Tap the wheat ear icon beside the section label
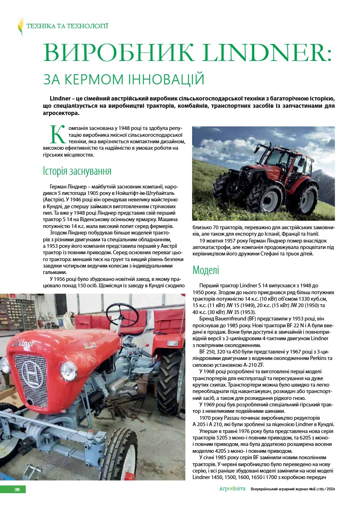click(21, 26)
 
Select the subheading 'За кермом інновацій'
click(123, 78)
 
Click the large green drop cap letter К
click(57, 134)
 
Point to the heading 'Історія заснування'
click(77, 171)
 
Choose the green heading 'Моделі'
click(206, 270)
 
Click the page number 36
click(17, 490)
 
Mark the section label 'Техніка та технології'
click(67, 26)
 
